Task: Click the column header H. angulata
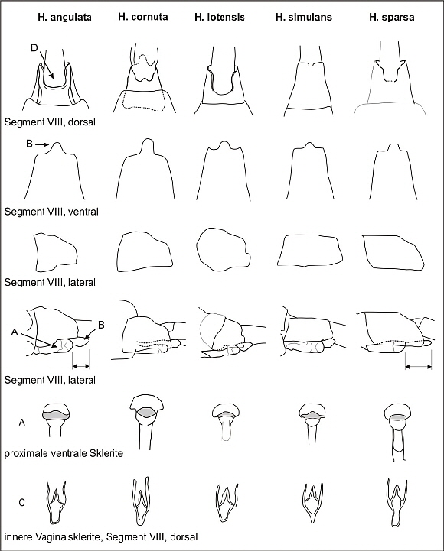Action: pyautogui.click(x=64, y=18)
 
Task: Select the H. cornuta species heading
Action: pyautogui.click(x=143, y=17)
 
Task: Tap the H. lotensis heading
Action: pyautogui.click(x=220, y=18)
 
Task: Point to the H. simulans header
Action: pyautogui.click(x=303, y=18)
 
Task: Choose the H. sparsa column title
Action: pyautogui.click(x=391, y=18)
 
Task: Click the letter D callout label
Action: pyautogui.click(x=34, y=48)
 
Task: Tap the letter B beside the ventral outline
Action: pyautogui.click(x=30, y=144)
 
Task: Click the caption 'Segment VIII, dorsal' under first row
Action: pyautogui.click(x=50, y=122)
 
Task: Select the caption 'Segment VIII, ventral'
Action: pyautogui.click(x=51, y=212)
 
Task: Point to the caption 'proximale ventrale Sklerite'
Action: pyautogui.click(x=64, y=453)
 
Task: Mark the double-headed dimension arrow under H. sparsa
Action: pyautogui.click(x=418, y=367)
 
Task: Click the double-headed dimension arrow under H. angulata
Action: pyautogui.click(x=80, y=366)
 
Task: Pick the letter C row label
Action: pyautogui.click(x=22, y=503)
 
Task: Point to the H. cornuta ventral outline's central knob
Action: pyautogui.click(x=149, y=146)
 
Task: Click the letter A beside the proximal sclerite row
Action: pyautogui.click(x=22, y=422)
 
